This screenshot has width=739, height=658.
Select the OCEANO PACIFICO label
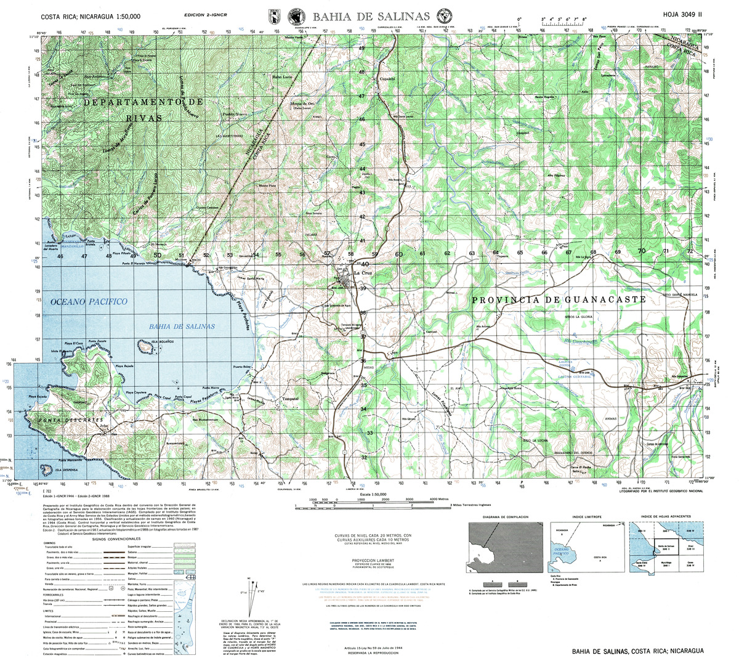pyautogui.click(x=89, y=301)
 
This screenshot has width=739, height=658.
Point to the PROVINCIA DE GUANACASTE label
pyautogui.click(x=559, y=299)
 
